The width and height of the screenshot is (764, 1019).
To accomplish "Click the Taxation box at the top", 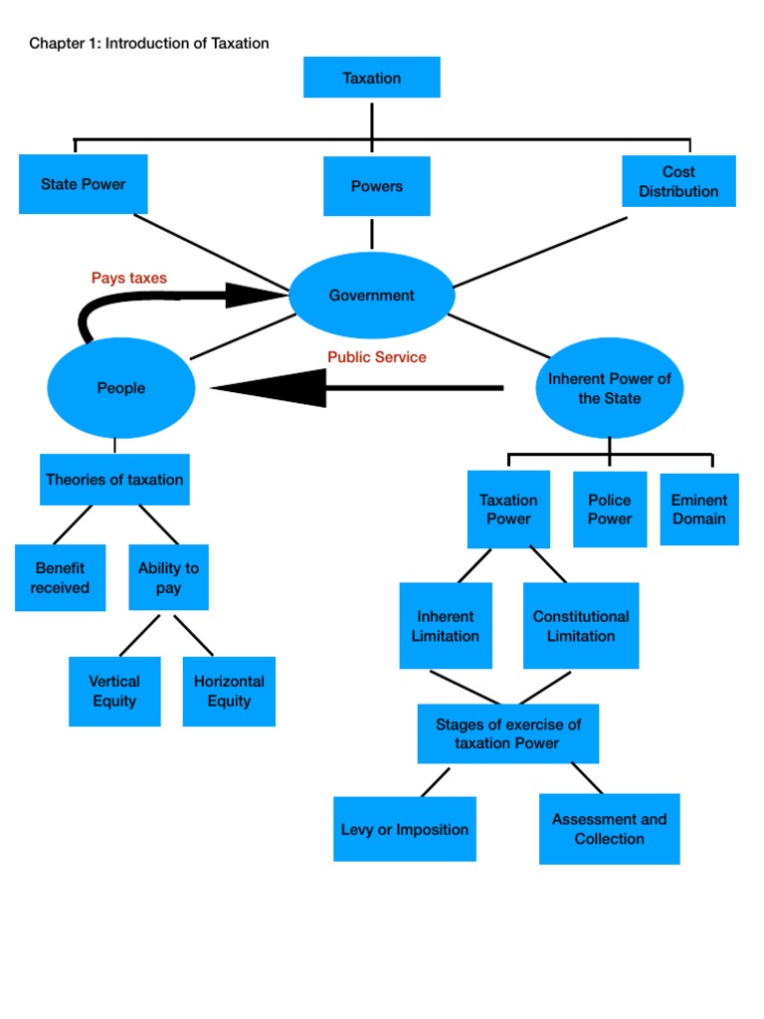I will click(371, 78).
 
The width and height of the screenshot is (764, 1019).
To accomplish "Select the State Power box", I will click(83, 184).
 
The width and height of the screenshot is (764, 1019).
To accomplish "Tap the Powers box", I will click(376, 186).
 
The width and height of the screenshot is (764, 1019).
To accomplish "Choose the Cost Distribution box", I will click(678, 181).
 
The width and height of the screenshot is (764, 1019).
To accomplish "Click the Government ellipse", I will click(371, 296).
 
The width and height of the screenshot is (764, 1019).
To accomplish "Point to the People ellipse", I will click(120, 388).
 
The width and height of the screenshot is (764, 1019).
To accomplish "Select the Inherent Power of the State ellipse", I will click(609, 388).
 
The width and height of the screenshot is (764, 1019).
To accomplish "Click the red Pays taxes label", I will click(129, 278).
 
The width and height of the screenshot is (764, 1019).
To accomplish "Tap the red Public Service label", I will click(377, 357).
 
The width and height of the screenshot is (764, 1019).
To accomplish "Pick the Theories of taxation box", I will click(114, 480).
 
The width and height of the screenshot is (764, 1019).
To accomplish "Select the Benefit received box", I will click(60, 577).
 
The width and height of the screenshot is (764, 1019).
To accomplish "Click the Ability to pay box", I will click(168, 577).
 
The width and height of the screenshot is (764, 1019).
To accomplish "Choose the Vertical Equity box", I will click(114, 691).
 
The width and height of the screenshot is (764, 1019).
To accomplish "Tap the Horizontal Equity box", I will click(229, 691).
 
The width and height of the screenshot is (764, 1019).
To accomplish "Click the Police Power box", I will click(609, 509).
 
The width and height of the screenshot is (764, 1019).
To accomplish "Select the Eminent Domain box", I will click(698, 509).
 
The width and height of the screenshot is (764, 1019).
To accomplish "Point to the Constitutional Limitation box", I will click(581, 626).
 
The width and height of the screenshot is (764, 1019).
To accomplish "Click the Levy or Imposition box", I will click(404, 829).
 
